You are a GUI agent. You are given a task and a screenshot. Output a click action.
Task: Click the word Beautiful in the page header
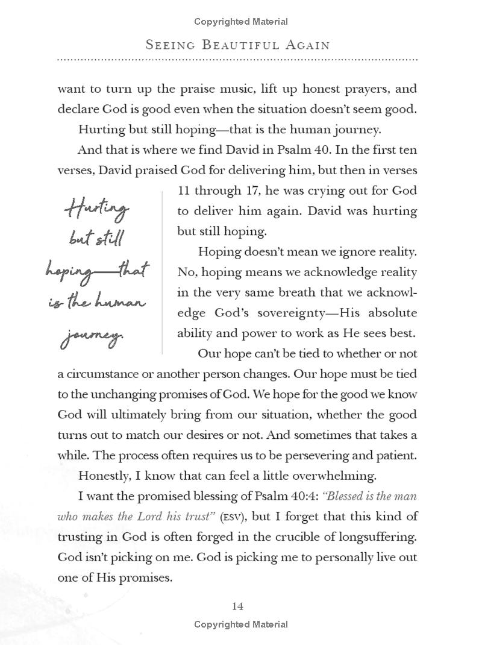point(234,45)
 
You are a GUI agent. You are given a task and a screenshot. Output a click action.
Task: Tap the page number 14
point(237,606)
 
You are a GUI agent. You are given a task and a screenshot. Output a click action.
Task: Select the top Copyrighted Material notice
point(241,22)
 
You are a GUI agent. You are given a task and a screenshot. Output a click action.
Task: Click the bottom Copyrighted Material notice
point(241,625)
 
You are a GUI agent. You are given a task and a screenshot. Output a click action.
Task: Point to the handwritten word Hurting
point(96,210)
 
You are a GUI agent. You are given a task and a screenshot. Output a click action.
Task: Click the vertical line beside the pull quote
point(163,271)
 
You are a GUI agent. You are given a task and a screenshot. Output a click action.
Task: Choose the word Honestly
point(104,476)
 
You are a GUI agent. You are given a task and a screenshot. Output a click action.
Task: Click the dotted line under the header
point(237,60)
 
